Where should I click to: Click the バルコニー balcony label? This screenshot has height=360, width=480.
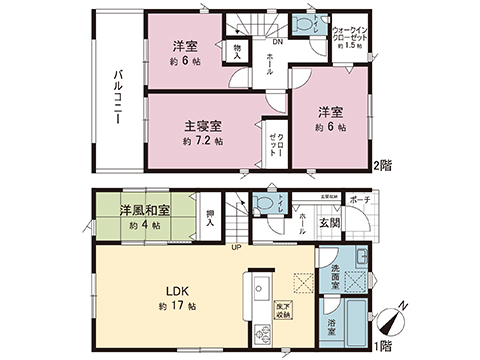(x=118, y=94)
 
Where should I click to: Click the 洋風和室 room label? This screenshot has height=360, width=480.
(x=144, y=211)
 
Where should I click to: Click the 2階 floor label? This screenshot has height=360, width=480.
(x=382, y=164)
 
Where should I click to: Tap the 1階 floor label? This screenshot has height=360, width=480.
(x=382, y=344)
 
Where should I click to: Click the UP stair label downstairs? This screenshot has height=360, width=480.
(x=236, y=247)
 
